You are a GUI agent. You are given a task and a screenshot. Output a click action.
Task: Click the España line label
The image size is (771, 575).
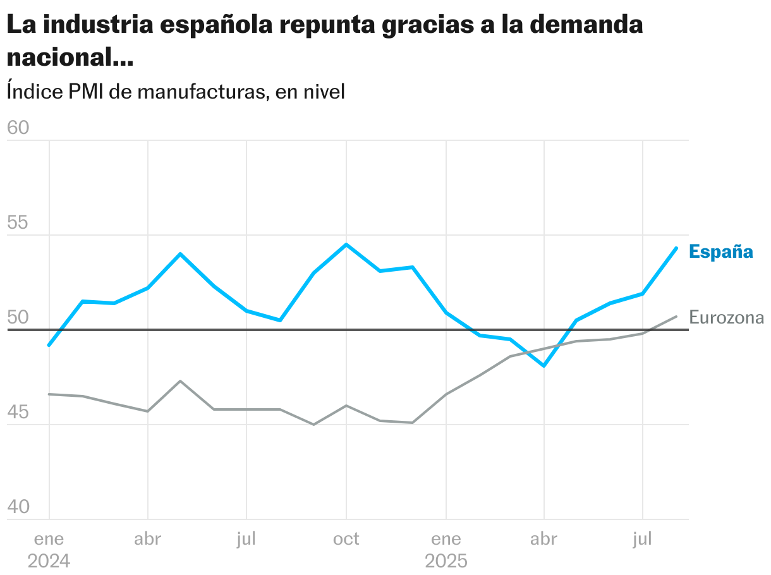click(720, 251)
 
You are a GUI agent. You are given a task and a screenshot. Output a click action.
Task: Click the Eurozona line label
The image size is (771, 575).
click(726, 317)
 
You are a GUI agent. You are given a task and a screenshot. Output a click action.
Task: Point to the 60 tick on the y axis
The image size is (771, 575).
click(18, 128)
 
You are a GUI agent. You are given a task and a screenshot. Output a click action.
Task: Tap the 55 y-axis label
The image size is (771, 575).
click(18, 223)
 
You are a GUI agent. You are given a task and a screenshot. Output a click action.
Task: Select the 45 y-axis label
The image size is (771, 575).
click(18, 413)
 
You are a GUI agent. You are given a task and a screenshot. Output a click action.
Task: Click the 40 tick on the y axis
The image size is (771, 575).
click(18, 507)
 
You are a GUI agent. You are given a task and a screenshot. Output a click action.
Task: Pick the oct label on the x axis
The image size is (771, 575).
click(346, 539)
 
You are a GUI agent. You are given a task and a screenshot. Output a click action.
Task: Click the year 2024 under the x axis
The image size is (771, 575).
click(49, 561)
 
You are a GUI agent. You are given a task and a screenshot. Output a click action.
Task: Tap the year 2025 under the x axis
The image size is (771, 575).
click(446, 561)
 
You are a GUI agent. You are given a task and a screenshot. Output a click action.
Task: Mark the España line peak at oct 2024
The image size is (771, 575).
click(346, 245)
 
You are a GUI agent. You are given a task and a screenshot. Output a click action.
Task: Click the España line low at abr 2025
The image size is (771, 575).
click(544, 366)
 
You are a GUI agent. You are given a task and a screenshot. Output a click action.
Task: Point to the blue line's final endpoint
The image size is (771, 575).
click(676, 248)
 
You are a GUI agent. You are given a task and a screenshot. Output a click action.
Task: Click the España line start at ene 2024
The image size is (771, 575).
click(49, 345)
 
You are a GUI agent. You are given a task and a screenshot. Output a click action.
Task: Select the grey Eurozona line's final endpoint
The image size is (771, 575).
click(676, 317)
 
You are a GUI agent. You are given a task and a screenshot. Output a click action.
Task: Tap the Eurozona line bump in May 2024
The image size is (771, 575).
click(181, 381)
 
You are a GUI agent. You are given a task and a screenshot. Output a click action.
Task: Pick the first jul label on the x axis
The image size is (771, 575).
click(246, 539)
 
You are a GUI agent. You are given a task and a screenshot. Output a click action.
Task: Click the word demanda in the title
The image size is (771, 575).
click(585, 25)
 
